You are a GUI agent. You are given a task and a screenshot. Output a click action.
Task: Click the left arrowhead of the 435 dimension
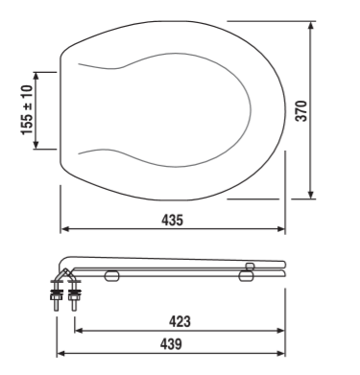coord(63,229)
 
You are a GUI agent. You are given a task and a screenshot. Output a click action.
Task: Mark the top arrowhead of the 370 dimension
coord(311,25)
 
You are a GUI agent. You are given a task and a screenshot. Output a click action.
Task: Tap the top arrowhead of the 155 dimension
coord(37,74)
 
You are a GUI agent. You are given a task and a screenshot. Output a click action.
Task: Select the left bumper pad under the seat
coord(111,276)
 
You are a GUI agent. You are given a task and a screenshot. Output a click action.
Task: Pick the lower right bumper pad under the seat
coord(247,276)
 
